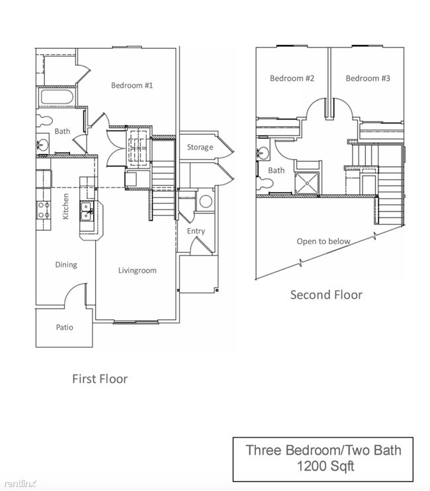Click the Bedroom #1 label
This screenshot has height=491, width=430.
click(x=132, y=85)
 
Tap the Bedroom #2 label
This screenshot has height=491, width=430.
click(x=292, y=78)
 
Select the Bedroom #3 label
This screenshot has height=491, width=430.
click(x=368, y=78)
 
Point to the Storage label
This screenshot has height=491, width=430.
click(x=200, y=147)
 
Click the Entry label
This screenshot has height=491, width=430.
click(x=196, y=231)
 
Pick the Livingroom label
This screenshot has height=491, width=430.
click(x=137, y=270)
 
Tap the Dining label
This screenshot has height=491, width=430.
click(x=65, y=264)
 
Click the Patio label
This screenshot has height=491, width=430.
click(x=64, y=327)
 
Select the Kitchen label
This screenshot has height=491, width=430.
click(x=65, y=206)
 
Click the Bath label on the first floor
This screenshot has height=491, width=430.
click(x=62, y=132)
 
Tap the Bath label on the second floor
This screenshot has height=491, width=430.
click(x=277, y=170)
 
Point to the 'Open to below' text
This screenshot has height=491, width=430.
click(x=323, y=241)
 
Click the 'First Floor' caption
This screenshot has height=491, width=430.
click(x=99, y=379)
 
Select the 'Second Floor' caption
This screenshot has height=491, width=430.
click(x=326, y=295)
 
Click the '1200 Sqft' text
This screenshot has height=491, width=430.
click(x=323, y=467)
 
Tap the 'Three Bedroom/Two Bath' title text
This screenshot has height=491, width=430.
click(x=323, y=451)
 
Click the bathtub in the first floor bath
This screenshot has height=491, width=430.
click(x=56, y=98)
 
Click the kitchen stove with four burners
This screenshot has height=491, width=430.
click(x=44, y=210)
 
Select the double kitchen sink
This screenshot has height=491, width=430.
click(x=87, y=211)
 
